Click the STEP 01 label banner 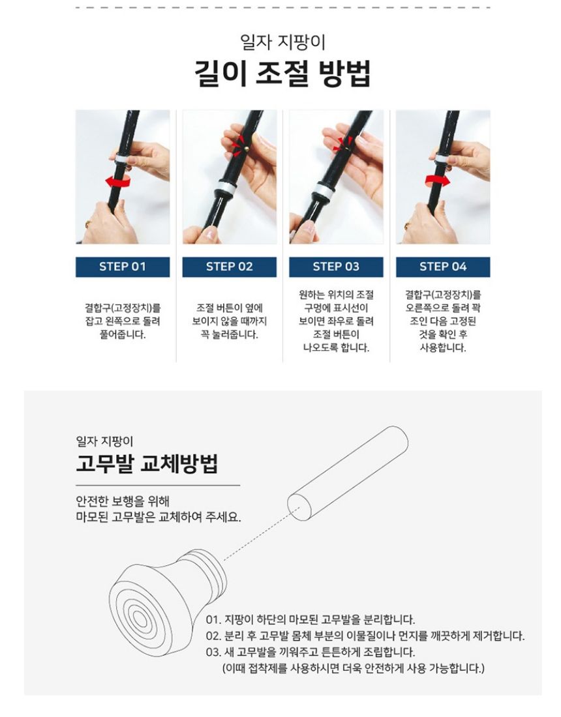[x=123, y=267]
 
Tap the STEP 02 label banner [x=229, y=267]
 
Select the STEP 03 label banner [x=336, y=267]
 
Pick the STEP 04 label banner [x=443, y=267]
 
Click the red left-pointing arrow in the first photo [x=117, y=181]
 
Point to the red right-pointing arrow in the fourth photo [x=438, y=180]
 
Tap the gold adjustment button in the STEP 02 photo [x=247, y=147]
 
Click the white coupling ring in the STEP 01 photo [x=122, y=158]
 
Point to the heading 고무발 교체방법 [x=146, y=463]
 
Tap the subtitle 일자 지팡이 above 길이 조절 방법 [x=282, y=42]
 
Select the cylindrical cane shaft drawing [x=348, y=474]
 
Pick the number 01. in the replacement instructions [x=213, y=620]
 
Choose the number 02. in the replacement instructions [x=213, y=636]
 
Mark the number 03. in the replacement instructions [x=213, y=652]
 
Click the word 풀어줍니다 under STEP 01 [x=123, y=335]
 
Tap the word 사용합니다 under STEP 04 [x=443, y=348]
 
